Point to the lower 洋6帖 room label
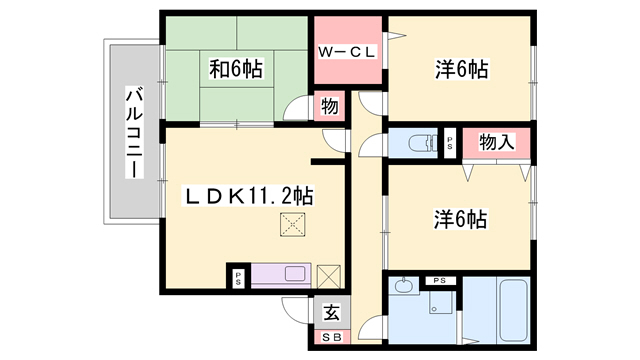pyautogui.click(x=462, y=218)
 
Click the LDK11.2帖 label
pyautogui.click(x=246, y=196)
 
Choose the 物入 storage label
pyautogui.click(x=497, y=142)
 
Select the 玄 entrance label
pyautogui.click(x=331, y=311)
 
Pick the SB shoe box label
pyautogui.click(x=331, y=338)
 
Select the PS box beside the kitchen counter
pyautogui.click(x=239, y=276)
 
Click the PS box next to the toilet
pyautogui.click(x=449, y=142)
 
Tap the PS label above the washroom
pyautogui.click(x=439, y=279)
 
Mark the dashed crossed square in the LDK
pyautogui.click(x=292, y=226)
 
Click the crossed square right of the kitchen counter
pyautogui.click(x=329, y=275)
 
